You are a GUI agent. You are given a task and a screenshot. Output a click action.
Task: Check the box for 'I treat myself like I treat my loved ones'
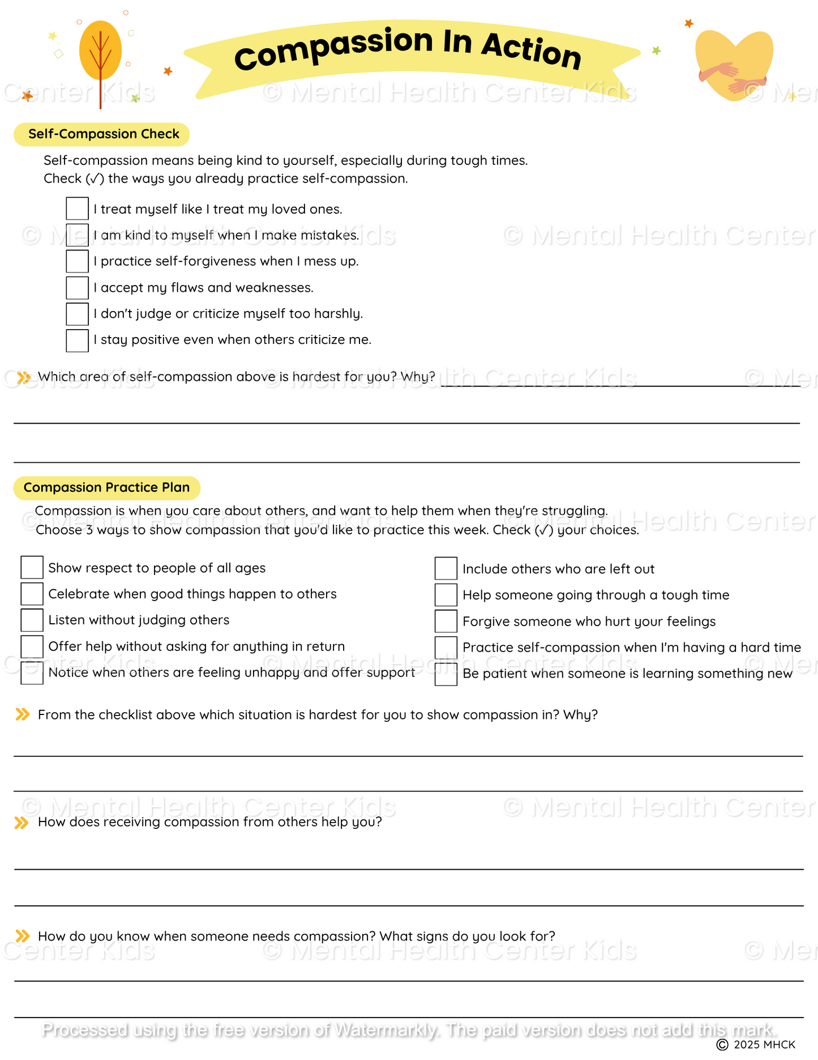(x=77, y=208)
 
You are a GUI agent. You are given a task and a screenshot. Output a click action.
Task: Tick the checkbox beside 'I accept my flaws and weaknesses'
(x=77, y=288)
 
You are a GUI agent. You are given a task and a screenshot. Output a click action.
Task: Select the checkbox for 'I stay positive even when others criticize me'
(x=77, y=340)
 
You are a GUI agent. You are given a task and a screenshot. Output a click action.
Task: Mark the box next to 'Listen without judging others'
(x=32, y=620)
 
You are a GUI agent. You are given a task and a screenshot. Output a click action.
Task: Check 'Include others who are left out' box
(x=446, y=569)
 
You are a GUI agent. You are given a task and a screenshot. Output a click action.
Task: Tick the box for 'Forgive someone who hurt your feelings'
(x=446, y=621)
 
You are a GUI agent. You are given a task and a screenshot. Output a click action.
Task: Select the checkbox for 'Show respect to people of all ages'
(x=32, y=568)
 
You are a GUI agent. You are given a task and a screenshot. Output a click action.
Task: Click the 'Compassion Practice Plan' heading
(x=106, y=488)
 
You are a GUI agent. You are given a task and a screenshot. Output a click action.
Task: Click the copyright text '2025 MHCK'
(x=764, y=1045)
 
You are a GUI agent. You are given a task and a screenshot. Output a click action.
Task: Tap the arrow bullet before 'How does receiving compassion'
(x=22, y=823)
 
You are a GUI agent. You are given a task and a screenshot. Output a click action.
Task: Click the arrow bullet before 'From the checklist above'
(x=22, y=714)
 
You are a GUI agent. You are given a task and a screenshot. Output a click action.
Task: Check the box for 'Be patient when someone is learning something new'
(x=446, y=674)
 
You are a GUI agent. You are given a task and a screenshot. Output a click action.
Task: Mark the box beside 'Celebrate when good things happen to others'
(x=32, y=594)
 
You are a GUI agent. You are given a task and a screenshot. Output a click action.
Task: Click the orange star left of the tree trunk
(x=27, y=96)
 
